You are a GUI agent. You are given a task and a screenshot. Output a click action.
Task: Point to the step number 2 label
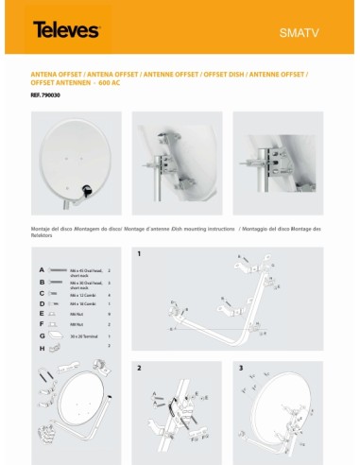point(138,366)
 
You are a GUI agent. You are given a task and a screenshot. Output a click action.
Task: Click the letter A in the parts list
point(41,269)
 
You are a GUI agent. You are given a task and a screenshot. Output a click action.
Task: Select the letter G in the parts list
point(41,335)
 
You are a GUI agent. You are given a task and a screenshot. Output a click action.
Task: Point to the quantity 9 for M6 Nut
point(110,313)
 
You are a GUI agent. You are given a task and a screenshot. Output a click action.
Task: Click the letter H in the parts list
point(41,348)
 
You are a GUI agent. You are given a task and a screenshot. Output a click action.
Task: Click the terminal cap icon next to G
point(57,335)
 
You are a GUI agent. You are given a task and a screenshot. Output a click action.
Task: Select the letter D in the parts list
point(41,302)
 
